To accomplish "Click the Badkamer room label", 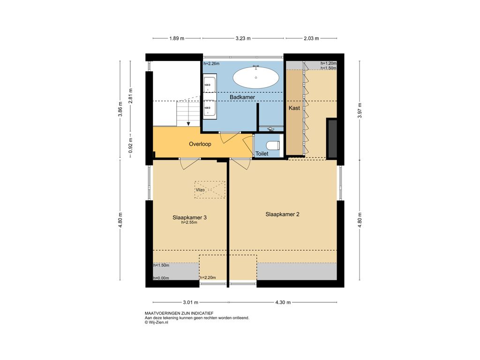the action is (x=242, y=97).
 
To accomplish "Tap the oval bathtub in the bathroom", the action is (x=256, y=77).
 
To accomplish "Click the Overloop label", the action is (x=200, y=144).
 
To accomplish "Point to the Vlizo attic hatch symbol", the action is (x=210, y=190).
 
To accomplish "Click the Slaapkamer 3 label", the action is (x=189, y=217).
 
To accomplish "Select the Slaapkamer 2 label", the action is (x=282, y=214).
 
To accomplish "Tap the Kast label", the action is (x=294, y=108).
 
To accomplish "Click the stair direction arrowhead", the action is (x=188, y=124).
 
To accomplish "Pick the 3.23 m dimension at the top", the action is (x=243, y=38).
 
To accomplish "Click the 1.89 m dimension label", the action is (x=177, y=38).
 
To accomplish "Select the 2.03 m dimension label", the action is (x=311, y=38).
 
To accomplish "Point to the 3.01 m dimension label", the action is (x=190, y=302).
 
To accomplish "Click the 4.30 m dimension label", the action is (x=283, y=302).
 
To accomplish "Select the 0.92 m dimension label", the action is (x=131, y=146).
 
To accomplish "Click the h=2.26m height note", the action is (x=211, y=64).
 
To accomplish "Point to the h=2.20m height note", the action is (x=208, y=277).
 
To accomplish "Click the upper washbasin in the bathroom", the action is (x=210, y=84).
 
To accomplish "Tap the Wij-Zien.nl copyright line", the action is (x=157, y=322).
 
